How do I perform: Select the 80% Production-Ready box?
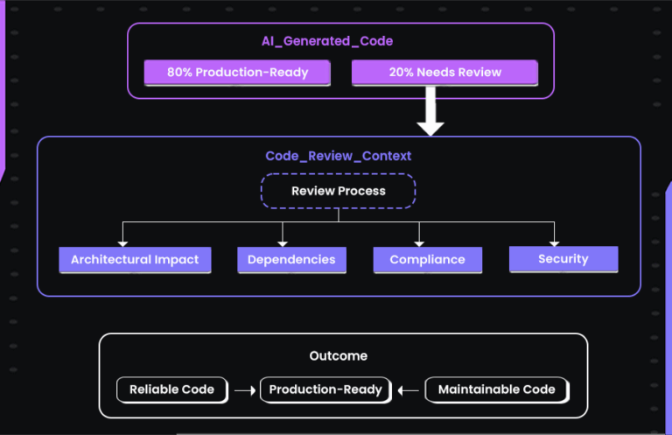pyautogui.click(x=237, y=72)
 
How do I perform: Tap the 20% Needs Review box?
pyautogui.click(x=444, y=72)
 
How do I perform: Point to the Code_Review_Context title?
pyautogui.click(x=338, y=156)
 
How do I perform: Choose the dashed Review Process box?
pyautogui.click(x=338, y=191)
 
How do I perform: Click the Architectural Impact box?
pyautogui.click(x=135, y=260)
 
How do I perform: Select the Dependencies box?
pyautogui.click(x=291, y=260)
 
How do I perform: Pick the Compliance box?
pyautogui.click(x=427, y=260)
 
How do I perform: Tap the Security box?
pyautogui.click(x=563, y=259)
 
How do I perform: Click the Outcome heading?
pyautogui.click(x=338, y=356)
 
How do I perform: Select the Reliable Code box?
pyautogui.click(x=171, y=389)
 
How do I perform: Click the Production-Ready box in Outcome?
pyautogui.click(x=325, y=389)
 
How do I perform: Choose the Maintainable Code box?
pyautogui.click(x=496, y=389)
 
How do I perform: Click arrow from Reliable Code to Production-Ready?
pyautogui.click(x=244, y=390)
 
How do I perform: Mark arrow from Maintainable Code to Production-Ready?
pyautogui.click(x=408, y=390)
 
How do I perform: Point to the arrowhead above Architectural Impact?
pyautogui.click(x=122, y=241)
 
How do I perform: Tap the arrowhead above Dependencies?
pyautogui.click(x=282, y=241)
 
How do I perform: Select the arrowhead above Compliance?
pyautogui.click(x=420, y=241)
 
